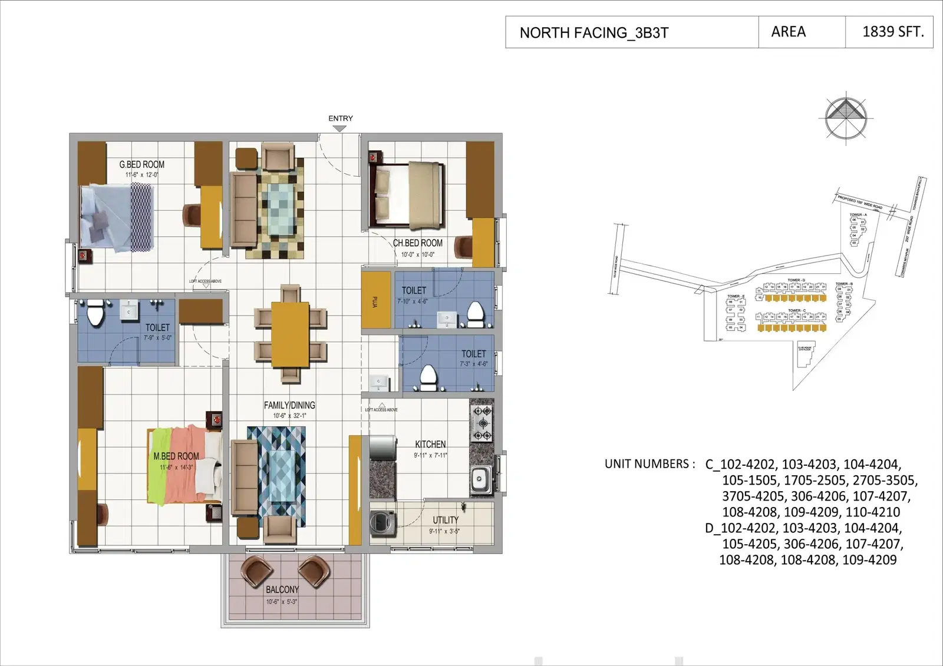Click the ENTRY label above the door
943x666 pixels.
click(341, 118)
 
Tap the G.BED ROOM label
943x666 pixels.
click(141, 164)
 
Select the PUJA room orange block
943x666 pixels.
click(375, 300)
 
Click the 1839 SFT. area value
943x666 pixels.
click(893, 32)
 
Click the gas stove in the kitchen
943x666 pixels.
click(482, 423)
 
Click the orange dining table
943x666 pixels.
click(290, 334)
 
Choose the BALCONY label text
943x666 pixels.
click(282, 589)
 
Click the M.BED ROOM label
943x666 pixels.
click(176, 456)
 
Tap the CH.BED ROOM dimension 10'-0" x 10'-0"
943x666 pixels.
click(417, 254)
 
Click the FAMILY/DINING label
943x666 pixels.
click(289, 405)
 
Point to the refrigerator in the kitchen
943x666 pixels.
click(383, 447)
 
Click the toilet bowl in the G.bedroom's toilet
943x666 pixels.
click(95, 314)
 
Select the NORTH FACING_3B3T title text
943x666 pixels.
click(594, 32)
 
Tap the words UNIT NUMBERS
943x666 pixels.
click(647, 464)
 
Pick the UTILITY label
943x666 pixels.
click(445, 520)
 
